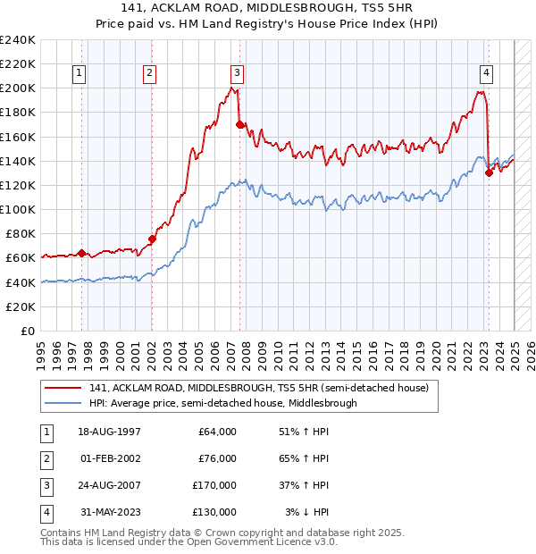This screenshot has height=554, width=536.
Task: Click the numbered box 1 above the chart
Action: pos(80,74)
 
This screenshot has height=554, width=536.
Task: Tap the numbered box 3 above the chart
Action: pos(237,74)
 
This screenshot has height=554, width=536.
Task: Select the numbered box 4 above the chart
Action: pos(486,74)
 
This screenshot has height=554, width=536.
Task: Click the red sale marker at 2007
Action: pos(240,124)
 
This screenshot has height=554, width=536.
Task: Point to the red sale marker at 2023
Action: pos(489,173)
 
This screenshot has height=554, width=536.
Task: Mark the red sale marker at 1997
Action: pos(81,253)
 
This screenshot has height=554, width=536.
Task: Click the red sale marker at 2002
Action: pos(152,239)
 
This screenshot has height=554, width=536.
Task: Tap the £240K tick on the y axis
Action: pos(18,40)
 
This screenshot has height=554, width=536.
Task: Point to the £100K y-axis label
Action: pos(18,209)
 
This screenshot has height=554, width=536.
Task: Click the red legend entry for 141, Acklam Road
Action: pos(259,388)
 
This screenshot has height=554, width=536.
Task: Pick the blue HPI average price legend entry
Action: pos(222,403)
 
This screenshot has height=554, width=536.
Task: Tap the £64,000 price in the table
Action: pos(217,432)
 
